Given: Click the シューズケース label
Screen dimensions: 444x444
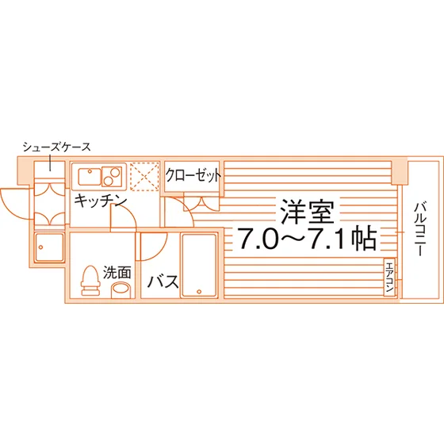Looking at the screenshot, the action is [56, 147].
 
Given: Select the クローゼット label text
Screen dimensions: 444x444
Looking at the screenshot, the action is [193, 175].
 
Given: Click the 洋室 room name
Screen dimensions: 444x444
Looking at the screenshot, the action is [307, 212].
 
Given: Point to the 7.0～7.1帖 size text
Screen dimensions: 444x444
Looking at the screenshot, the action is [308, 239].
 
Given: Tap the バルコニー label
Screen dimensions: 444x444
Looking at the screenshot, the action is [420, 229].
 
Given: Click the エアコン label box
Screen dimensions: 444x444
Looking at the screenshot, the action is [389, 277].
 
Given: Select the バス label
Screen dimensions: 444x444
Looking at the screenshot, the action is [163, 281].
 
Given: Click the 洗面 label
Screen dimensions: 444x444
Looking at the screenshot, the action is [117, 273].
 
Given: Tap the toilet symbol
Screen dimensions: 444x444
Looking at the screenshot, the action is [90, 281].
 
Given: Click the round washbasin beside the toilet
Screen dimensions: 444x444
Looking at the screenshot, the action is [120, 290].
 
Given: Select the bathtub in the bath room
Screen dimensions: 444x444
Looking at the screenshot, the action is [199, 266].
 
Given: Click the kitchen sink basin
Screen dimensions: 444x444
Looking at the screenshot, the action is [90, 176].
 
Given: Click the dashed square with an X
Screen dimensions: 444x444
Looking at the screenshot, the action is [144, 176].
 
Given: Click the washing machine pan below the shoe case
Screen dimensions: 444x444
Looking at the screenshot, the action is [49, 247].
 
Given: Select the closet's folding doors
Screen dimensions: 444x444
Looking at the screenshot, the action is [201, 201].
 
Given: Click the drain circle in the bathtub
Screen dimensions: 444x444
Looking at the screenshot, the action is [199, 292].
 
